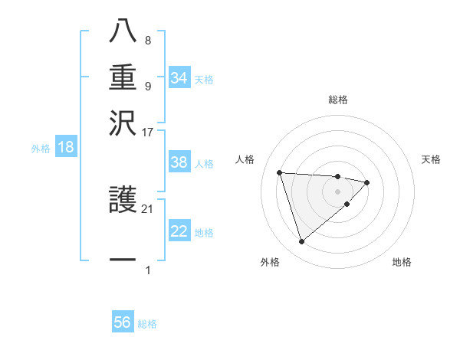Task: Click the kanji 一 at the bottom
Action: coord(123,260)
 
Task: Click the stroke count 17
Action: coord(148,132)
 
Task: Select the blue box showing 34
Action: coord(179,78)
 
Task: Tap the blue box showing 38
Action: coord(179,163)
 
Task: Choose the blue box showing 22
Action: coord(179,231)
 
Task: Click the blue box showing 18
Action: coord(66,148)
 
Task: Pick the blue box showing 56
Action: coord(123,322)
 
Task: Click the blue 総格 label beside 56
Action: coord(147,324)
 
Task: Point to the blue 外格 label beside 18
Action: coord(41,149)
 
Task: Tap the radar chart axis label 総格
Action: coord(337,100)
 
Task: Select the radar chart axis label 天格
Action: coord(431,159)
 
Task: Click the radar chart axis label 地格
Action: coord(402,263)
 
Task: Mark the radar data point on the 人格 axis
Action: coord(280,172)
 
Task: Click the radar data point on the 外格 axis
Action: coord(301,242)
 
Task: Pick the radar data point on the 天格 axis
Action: coord(367,182)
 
